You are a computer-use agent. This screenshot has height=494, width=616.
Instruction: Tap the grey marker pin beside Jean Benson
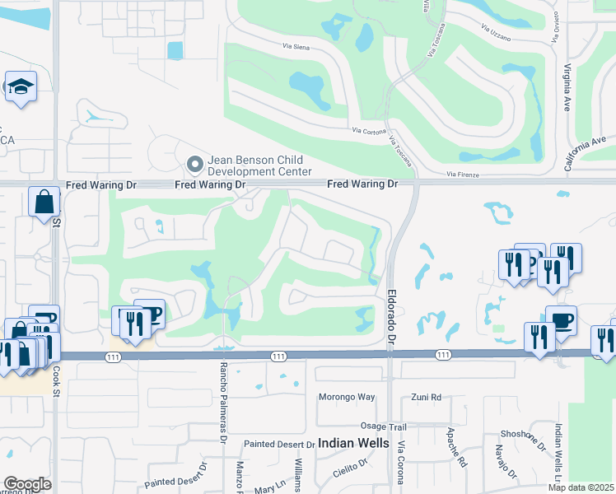[195, 165]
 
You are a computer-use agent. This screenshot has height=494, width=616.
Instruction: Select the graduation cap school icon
[20, 86]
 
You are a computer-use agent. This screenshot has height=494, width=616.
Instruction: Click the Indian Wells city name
[354, 443]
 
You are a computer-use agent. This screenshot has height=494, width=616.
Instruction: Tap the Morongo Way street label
[347, 397]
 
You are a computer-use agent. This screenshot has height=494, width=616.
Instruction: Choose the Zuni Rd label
[426, 397]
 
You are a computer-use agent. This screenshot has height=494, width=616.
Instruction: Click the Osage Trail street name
[384, 426]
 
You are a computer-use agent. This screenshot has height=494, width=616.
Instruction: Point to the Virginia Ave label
[567, 89]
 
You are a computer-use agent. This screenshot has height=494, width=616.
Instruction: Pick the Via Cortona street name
[369, 130]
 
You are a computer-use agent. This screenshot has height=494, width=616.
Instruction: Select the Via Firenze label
[463, 175]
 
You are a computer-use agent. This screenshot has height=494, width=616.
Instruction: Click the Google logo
[26, 484]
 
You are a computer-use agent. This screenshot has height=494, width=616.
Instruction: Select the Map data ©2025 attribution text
[581, 487]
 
